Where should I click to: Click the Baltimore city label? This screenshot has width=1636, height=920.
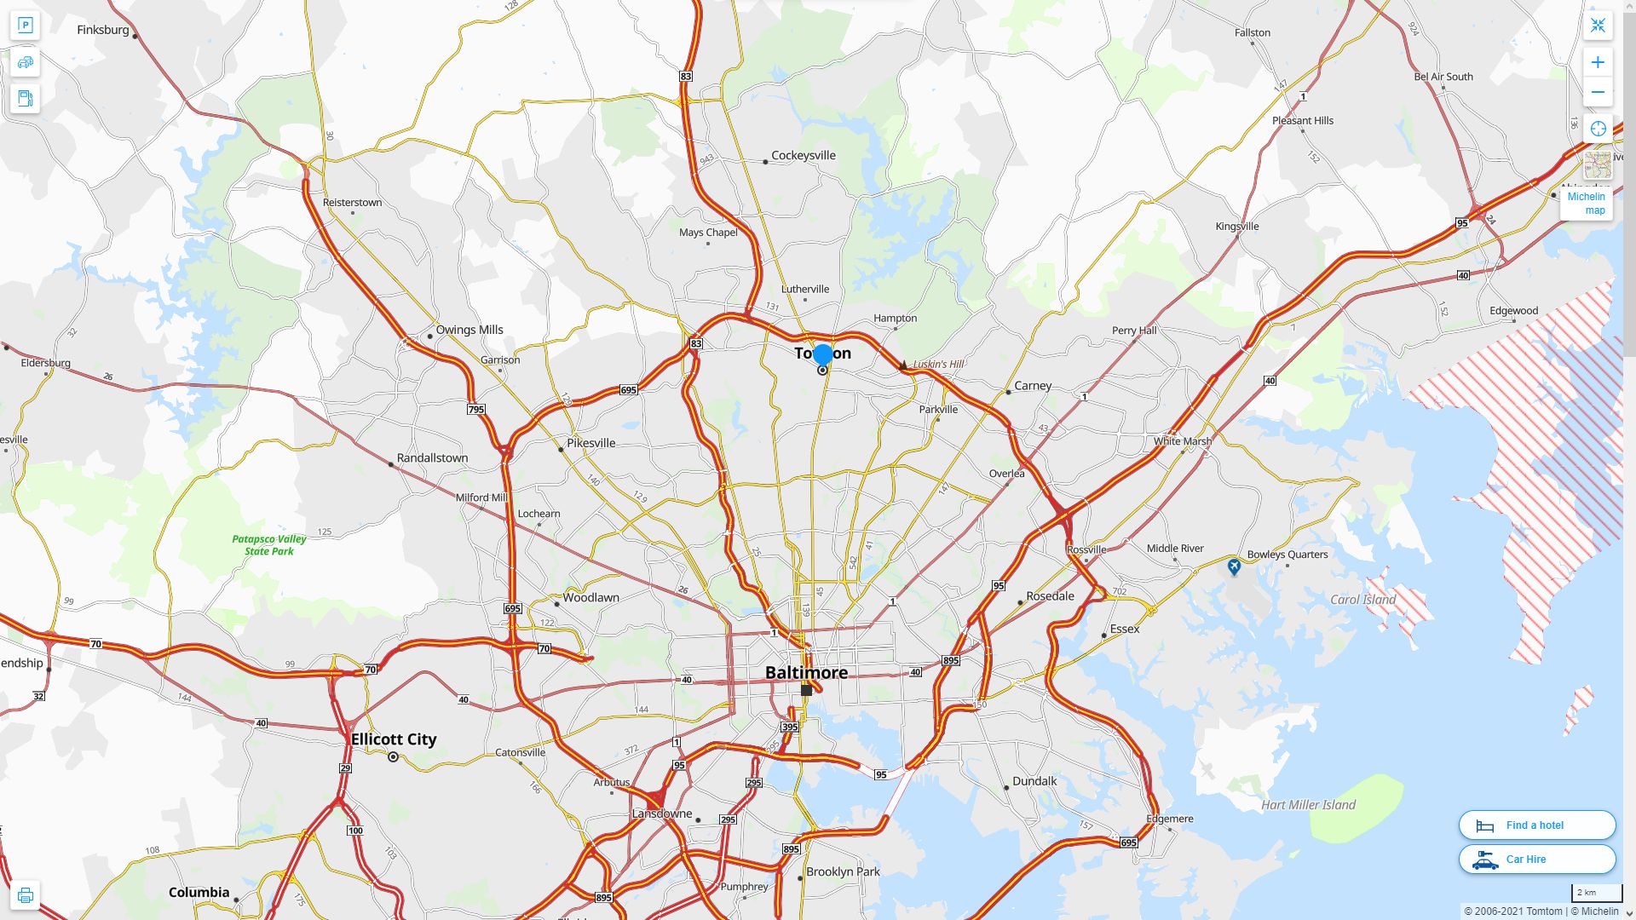(x=806, y=672)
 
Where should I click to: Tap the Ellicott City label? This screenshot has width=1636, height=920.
(x=394, y=739)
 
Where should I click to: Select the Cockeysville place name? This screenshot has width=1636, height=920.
(x=803, y=155)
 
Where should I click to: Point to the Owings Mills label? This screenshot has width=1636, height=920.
(x=469, y=330)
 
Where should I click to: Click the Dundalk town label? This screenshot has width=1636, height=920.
(x=1034, y=780)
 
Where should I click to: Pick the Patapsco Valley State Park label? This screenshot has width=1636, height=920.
(x=269, y=544)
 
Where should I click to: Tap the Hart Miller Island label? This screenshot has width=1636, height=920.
(x=1308, y=804)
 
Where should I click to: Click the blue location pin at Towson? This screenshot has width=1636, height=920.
(x=822, y=354)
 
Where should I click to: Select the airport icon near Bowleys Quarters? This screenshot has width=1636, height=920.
(x=1234, y=566)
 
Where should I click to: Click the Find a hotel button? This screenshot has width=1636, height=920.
(x=1536, y=825)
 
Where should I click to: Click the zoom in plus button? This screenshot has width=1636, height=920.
(x=1598, y=62)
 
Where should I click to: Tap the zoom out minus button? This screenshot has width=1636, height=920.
(x=1598, y=92)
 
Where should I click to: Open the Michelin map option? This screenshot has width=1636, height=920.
(x=1587, y=203)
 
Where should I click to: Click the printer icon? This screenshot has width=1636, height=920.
(x=25, y=895)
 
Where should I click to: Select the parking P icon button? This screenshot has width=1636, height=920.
(x=25, y=26)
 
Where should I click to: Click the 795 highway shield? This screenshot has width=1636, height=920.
(x=476, y=410)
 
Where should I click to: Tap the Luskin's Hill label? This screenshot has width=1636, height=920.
(x=938, y=364)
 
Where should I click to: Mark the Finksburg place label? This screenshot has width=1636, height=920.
(x=103, y=30)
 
